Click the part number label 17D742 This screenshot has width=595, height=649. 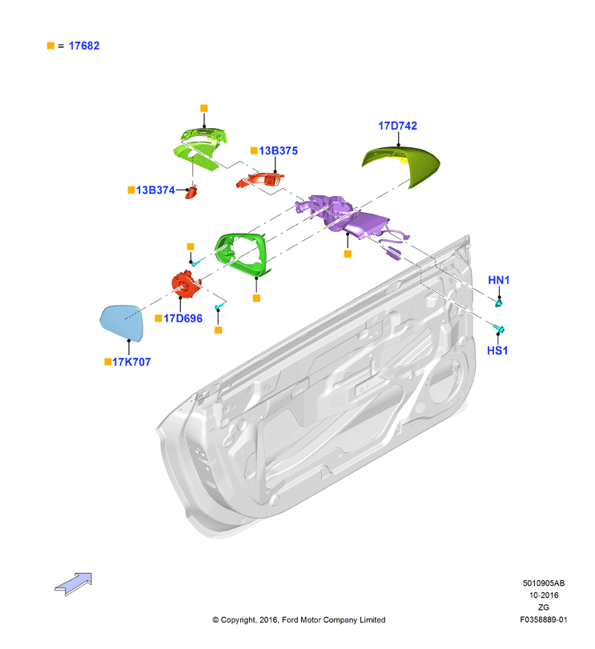397,126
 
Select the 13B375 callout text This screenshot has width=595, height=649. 278,150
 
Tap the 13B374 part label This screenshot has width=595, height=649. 155,190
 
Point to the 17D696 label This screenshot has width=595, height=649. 183,318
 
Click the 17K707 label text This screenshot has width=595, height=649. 131,362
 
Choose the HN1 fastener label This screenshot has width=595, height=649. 499,280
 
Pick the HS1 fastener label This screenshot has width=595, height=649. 497,351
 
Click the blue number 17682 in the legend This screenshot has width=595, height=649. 84,46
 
